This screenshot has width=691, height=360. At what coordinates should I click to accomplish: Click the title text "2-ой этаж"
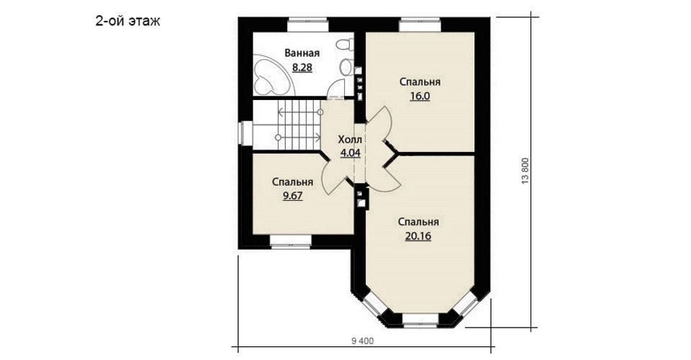[128, 21]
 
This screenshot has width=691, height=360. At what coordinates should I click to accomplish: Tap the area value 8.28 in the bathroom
[302, 68]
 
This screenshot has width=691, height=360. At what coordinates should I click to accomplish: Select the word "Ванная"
[302, 53]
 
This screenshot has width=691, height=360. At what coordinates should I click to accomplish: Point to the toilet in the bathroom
[345, 45]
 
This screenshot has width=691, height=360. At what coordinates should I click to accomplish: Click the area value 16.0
[420, 96]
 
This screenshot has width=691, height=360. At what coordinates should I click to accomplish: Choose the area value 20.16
[418, 236]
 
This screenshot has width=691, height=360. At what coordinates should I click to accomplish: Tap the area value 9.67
[293, 196]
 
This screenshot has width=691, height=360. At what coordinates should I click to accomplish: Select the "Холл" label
[350, 140]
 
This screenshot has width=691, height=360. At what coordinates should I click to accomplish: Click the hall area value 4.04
[351, 153]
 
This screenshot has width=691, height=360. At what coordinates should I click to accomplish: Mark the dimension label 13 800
[525, 171]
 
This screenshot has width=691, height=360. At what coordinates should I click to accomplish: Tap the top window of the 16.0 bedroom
[420, 24]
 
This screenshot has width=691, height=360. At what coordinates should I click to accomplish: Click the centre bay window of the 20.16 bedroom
[420, 320]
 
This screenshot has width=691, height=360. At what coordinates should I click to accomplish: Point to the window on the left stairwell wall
[245, 133]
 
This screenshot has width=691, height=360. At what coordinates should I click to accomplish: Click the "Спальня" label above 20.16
[418, 222]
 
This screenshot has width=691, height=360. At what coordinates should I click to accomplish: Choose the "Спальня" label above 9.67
[293, 182]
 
